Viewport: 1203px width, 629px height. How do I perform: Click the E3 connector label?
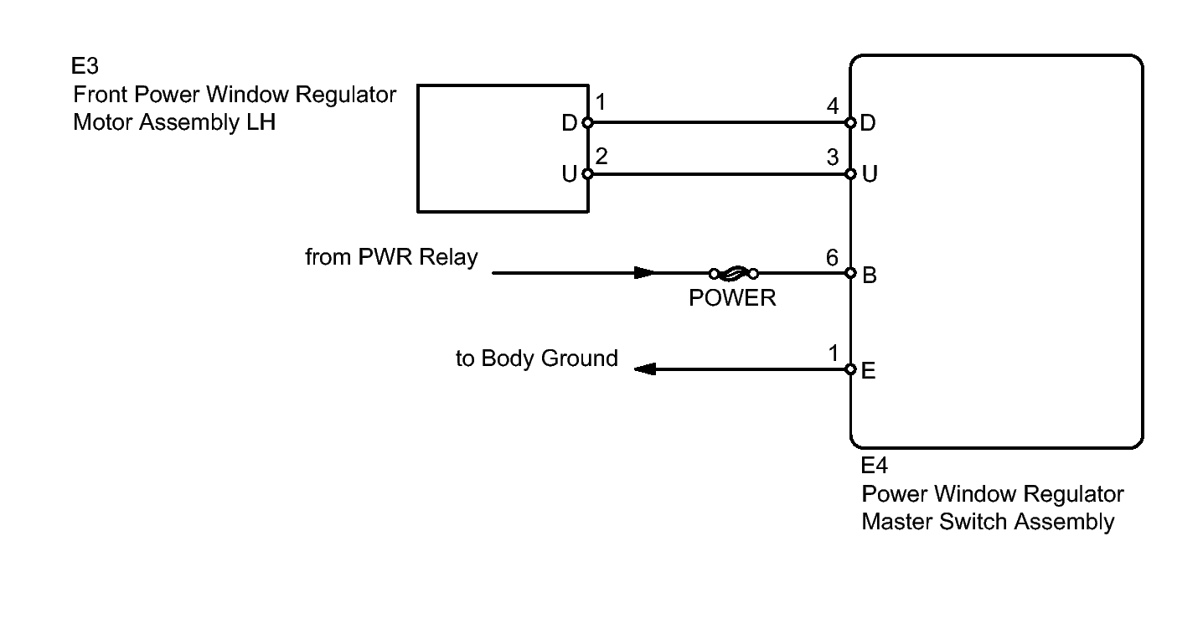(85, 66)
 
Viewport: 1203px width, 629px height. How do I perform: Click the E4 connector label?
(874, 465)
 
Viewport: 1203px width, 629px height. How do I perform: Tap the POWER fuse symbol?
(734, 273)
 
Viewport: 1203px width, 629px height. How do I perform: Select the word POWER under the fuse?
(732, 298)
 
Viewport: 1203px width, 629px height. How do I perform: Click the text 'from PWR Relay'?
(391, 257)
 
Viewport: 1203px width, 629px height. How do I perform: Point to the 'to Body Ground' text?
(536, 358)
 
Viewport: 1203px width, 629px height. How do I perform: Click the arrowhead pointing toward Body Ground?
(645, 369)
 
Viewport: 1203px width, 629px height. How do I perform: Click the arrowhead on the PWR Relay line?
(644, 273)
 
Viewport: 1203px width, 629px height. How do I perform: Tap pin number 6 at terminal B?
(832, 258)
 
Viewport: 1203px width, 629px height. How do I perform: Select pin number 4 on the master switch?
(833, 106)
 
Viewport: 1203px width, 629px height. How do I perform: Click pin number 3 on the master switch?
(833, 157)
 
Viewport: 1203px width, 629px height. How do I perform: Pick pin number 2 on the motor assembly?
(601, 157)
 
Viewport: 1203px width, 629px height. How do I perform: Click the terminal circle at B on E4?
(850, 273)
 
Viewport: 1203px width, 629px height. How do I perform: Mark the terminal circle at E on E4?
(850, 369)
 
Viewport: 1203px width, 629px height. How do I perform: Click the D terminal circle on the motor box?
(587, 123)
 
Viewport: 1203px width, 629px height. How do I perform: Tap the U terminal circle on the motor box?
(587, 174)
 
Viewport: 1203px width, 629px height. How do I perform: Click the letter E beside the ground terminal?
(869, 371)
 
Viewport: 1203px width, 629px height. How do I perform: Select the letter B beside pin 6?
(870, 275)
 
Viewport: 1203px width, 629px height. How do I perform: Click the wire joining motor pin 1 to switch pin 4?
(719, 123)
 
